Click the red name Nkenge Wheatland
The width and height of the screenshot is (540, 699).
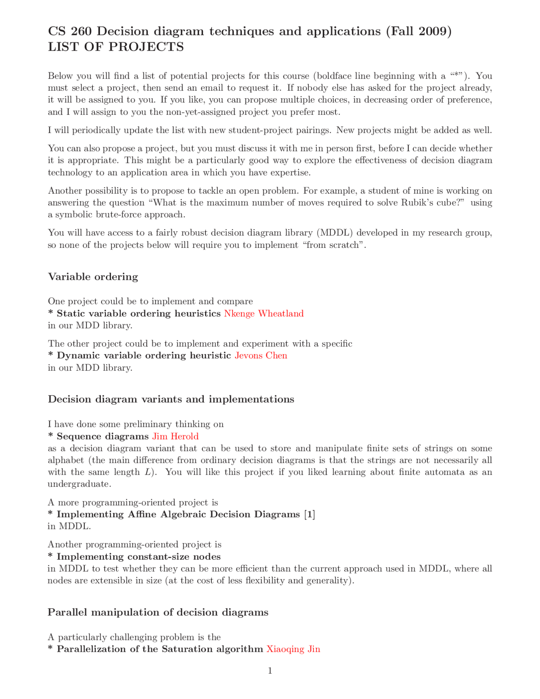pyautogui.click(x=264, y=313)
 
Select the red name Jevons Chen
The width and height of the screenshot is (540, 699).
pyautogui.click(x=261, y=355)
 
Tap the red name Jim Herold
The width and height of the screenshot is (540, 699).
pyautogui.click(x=175, y=436)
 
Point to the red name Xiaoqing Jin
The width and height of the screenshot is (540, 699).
pyautogui.click(x=293, y=649)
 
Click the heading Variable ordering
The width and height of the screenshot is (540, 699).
pyautogui.click(x=93, y=277)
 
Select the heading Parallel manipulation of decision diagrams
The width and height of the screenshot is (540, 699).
pyautogui.click(x=158, y=612)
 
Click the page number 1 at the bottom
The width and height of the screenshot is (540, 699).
pyautogui.click(x=270, y=671)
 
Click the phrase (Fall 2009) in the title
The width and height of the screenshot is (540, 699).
pyautogui.click(x=418, y=31)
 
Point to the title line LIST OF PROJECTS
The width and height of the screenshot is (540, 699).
pyautogui.click(x=116, y=47)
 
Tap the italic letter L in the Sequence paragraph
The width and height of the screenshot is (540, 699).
pyautogui.click(x=148, y=472)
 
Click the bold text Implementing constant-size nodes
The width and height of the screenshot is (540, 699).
pyautogui.click(x=138, y=556)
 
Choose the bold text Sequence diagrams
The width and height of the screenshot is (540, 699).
pyautogui.click(x=103, y=436)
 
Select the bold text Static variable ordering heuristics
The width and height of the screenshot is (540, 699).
pyautogui.click(x=138, y=313)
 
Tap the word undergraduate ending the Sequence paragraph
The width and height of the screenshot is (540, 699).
pyautogui.click(x=79, y=484)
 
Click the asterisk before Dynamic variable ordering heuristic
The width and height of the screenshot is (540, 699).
pyautogui.click(x=51, y=355)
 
